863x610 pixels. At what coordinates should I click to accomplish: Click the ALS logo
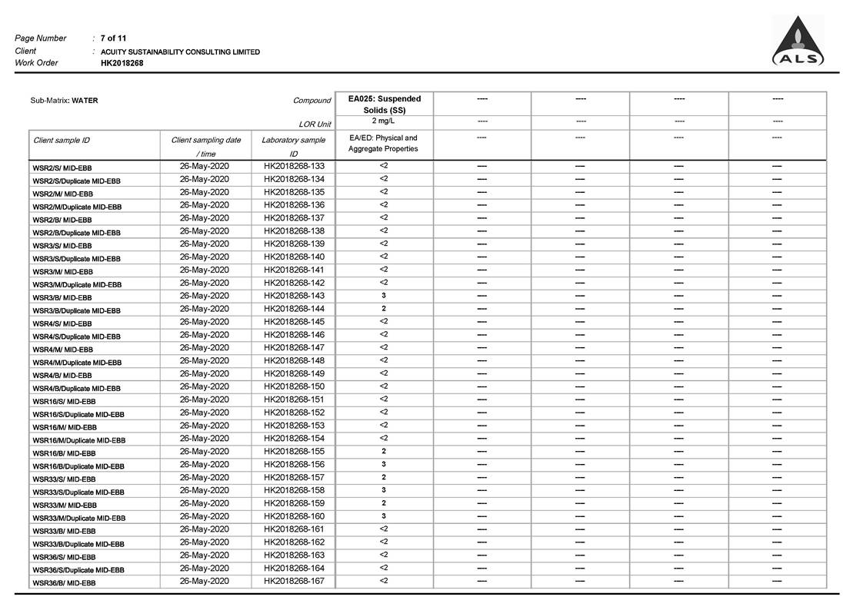click(x=798, y=42)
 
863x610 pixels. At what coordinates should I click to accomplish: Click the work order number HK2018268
click(x=122, y=63)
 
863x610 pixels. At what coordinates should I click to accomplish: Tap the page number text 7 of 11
click(x=114, y=38)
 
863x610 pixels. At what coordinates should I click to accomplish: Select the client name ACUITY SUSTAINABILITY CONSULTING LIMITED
click(x=180, y=51)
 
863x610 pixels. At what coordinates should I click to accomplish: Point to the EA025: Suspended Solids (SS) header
click(x=384, y=104)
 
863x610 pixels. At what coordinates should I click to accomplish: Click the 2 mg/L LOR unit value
click(x=384, y=121)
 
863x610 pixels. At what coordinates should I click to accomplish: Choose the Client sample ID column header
click(x=62, y=141)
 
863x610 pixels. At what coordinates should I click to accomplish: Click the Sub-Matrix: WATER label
click(x=64, y=101)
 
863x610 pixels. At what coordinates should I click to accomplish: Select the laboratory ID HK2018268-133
click(x=294, y=166)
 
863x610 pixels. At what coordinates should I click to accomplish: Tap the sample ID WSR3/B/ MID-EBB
click(x=62, y=297)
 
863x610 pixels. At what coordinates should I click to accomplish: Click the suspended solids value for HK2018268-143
click(x=384, y=296)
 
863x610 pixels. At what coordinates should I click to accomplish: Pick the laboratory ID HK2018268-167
click(x=294, y=581)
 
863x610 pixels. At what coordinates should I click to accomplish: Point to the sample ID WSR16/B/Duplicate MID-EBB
click(x=78, y=466)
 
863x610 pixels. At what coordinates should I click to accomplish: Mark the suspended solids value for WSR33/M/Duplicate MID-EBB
click(x=384, y=516)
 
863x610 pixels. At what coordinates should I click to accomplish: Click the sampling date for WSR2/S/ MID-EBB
click(x=204, y=166)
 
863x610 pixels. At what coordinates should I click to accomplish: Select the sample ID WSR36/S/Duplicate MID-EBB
click(x=78, y=570)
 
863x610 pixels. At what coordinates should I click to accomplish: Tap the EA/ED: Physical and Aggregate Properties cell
click(x=383, y=144)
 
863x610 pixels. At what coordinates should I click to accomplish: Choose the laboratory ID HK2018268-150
click(x=294, y=386)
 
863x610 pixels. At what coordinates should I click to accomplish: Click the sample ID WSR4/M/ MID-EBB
click(x=62, y=350)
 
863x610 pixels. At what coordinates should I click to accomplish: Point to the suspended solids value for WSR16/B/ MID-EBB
click(x=384, y=452)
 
